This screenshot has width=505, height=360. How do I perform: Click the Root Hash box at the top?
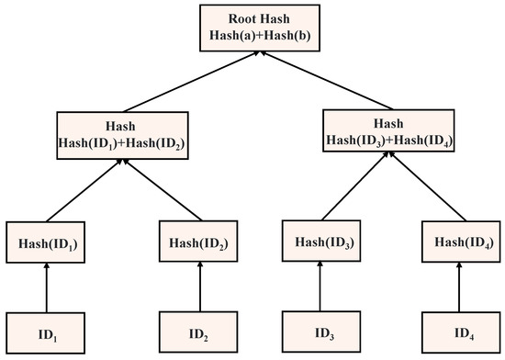coord(253,27)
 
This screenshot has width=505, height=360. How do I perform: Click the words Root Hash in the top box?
coord(253,18)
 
